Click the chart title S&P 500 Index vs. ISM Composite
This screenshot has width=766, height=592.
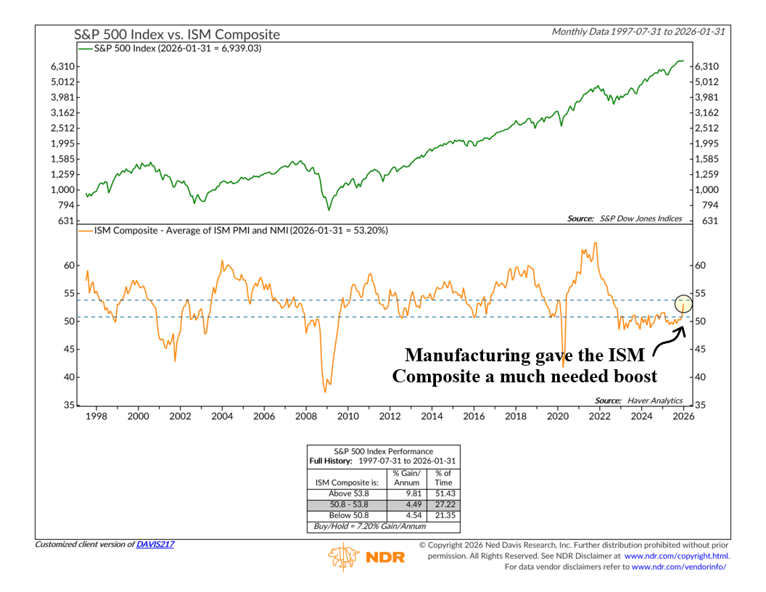click(x=177, y=34)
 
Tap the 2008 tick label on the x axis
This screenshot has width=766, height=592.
click(x=305, y=416)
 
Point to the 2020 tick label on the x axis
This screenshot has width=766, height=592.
click(x=557, y=416)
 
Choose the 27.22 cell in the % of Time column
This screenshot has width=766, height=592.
click(x=442, y=503)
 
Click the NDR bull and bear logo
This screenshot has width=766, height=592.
click(x=344, y=556)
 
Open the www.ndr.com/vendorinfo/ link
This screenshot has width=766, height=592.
click(x=679, y=567)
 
